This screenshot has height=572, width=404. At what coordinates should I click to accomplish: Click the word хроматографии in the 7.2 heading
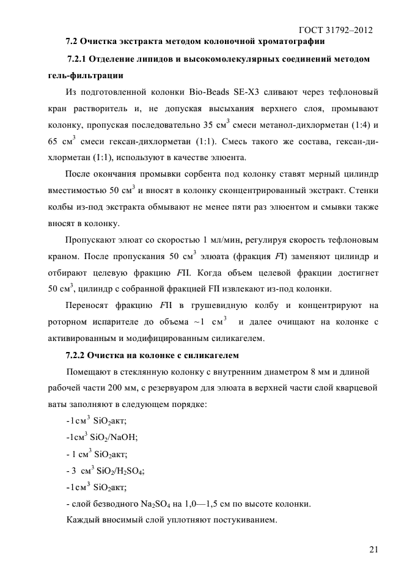pos(285,42)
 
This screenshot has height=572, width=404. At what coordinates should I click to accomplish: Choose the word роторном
pos(66,321)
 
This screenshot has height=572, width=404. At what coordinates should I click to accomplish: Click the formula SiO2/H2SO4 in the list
pos(117,471)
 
